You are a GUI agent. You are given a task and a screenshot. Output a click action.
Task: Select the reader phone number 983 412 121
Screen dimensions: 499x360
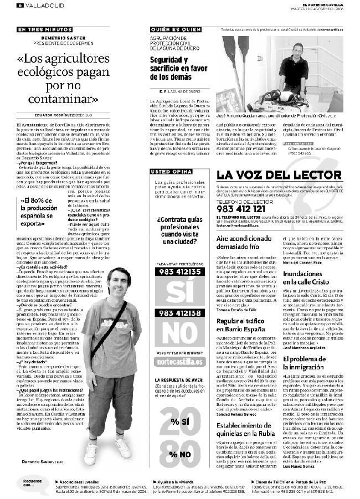click(x=240, y=209)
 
